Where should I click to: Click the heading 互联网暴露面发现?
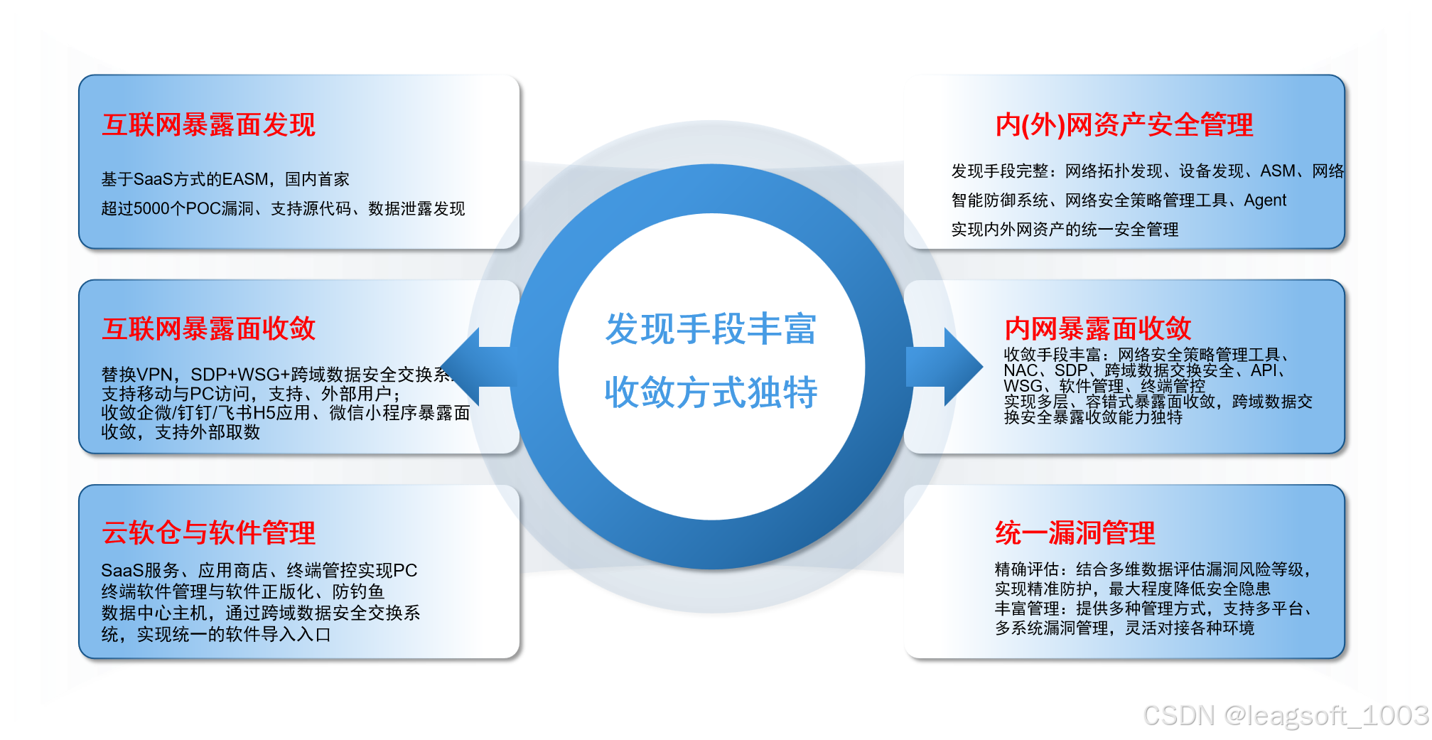click(x=208, y=125)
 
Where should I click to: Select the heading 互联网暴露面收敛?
click(x=208, y=329)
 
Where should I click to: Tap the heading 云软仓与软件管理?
click(x=208, y=532)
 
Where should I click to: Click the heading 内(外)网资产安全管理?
click(x=1124, y=125)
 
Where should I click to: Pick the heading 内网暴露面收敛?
click(x=1097, y=329)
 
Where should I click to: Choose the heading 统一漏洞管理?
click(x=1075, y=532)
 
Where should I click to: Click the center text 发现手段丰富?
click(x=711, y=329)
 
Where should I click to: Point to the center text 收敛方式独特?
click(x=711, y=392)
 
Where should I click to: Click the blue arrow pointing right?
click(x=949, y=367)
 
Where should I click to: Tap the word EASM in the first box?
click(x=244, y=179)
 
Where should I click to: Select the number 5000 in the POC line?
click(x=151, y=209)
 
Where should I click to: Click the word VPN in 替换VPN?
click(x=154, y=375)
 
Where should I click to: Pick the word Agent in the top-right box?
click(x=1264, y=200)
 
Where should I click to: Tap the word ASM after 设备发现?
click(x=1277, y=171)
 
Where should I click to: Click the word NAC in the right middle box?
click(x=1021, y=370)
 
